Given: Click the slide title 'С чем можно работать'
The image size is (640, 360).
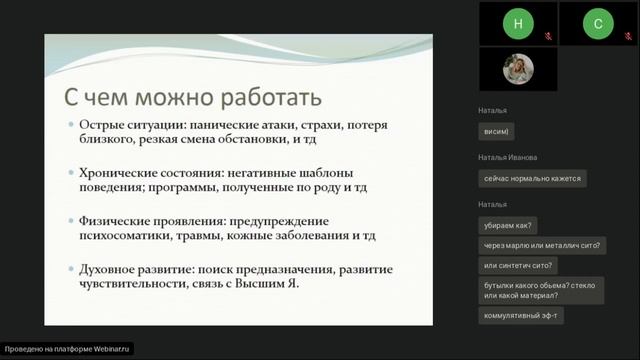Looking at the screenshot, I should (192, 98).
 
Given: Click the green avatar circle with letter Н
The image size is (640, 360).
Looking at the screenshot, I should (517, 23).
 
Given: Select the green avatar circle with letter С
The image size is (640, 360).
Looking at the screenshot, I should (598, 23).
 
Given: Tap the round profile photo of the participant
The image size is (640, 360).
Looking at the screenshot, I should (517, 69).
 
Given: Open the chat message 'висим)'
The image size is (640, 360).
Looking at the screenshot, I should (496, 132).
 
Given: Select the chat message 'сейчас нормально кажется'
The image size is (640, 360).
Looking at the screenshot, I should (532, 179).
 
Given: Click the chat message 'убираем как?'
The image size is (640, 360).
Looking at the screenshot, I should (509, 226).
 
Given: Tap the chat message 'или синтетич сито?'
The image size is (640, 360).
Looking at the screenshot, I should (519, 265).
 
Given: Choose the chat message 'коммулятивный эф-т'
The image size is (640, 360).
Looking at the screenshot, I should (522, 315).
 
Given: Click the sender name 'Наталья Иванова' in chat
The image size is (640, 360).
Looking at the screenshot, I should (508, 158).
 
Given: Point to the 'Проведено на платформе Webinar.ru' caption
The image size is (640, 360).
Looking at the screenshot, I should (68, 349).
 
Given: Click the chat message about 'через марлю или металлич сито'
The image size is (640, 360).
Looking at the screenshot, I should (543, 245).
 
